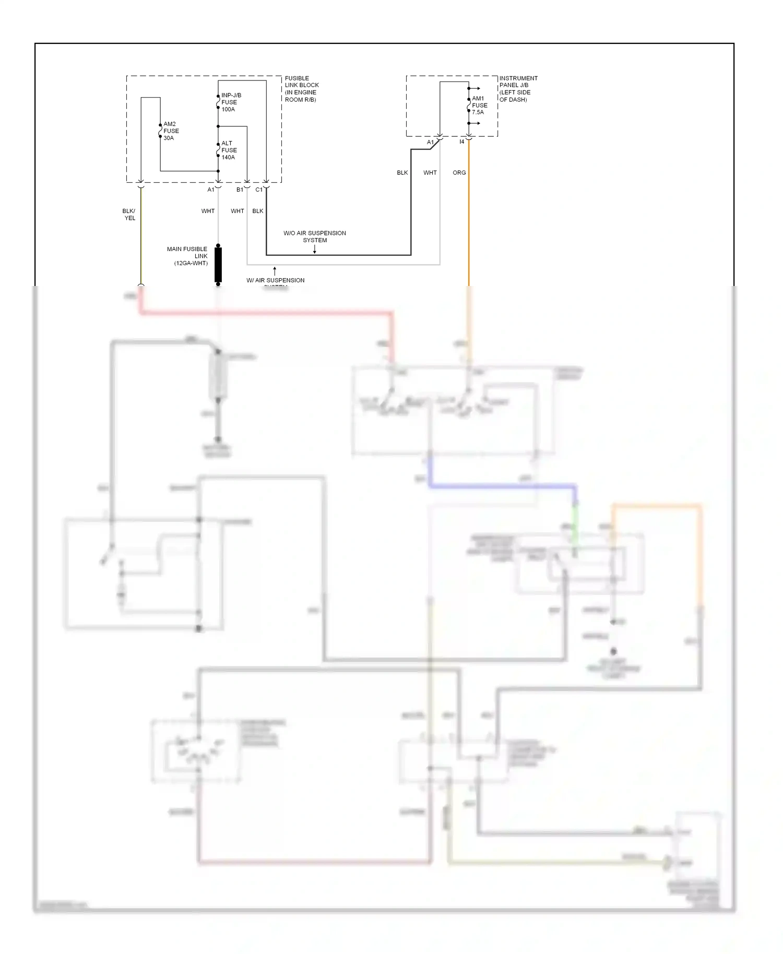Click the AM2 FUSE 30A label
(171, 131)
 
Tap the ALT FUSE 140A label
(228, 150)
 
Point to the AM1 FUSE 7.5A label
(479, 105)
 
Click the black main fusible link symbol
(218, 265)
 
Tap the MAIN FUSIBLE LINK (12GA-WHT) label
(187, 256)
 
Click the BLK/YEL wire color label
(129, 214)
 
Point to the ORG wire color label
(459, 173)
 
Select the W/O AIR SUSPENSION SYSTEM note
(315, 236)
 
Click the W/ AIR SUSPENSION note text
(276, 281)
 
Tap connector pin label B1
(240, 190)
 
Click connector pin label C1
(259, 190)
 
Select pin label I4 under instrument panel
(462, 142)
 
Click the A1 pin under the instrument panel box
(430, 142)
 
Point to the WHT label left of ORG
(430, 173)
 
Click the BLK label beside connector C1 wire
(258, 211)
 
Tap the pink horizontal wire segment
(266, 313)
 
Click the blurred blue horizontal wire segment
(501, 486)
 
